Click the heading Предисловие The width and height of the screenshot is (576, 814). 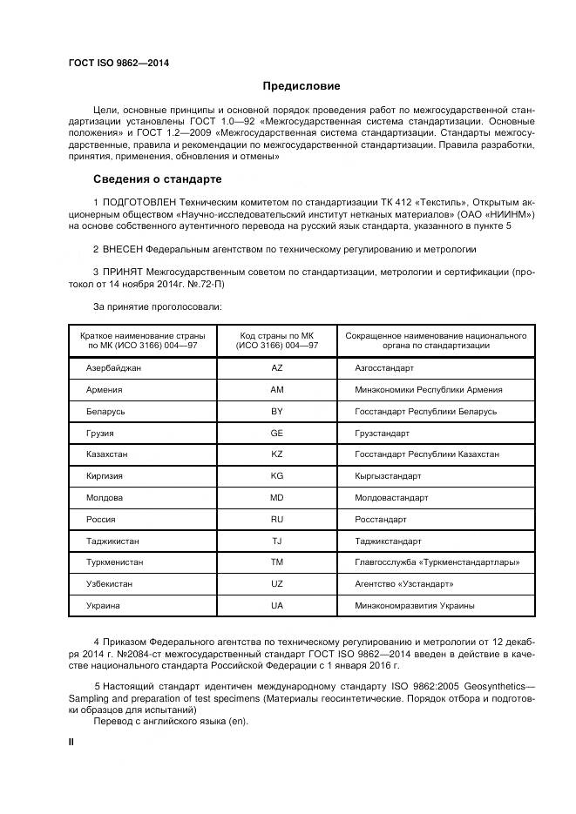coord(302,86)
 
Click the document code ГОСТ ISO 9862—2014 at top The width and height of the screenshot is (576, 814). coord(119,63)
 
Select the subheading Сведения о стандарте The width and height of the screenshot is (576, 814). coord(157,180)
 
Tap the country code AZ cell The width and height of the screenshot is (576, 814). coord(277,368)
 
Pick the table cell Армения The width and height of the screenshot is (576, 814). coord(104,390)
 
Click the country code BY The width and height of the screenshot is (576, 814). coord(277,411)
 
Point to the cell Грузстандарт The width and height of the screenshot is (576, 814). coord(382,433)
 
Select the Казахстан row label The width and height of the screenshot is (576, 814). coord(107,454)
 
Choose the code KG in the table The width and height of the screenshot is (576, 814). coord(277,476)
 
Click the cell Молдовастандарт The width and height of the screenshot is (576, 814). coord(391,498)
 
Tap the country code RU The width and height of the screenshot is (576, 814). coord(277,519)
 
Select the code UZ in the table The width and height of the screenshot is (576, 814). coord(277,583)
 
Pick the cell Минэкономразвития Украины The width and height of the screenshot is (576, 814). coord(415,605)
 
